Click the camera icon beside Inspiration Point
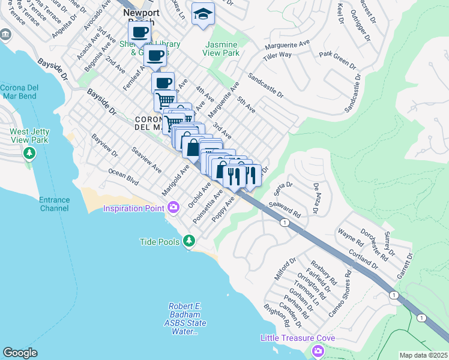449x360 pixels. (x=174, y=208)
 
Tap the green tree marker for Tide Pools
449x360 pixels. (x=190, y=241)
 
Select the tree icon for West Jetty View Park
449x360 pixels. (x=29, y=154)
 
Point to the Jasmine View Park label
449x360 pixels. (x=222, y=49)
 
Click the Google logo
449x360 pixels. (x=20, y=353)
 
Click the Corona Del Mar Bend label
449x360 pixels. (x=19, y=91)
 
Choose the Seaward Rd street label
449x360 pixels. (x=284, y=208)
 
